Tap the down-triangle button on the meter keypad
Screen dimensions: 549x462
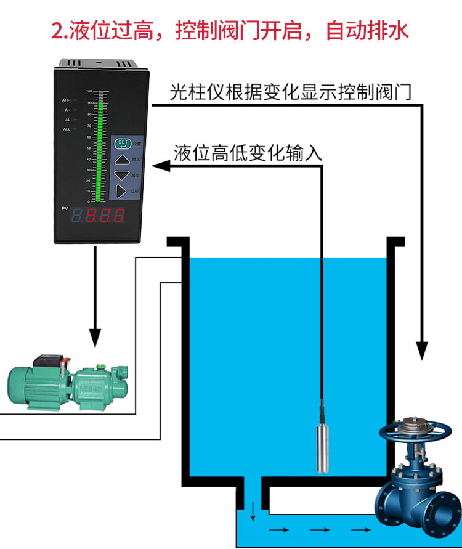[122, 176]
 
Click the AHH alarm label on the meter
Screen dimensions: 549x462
[67, 100]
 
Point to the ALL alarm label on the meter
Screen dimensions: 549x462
[67, 129]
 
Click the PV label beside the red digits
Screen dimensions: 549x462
[65, 209]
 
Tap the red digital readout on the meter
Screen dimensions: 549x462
[99, 216]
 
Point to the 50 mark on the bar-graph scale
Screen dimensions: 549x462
[89, 146]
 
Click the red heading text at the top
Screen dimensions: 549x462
[231, 30]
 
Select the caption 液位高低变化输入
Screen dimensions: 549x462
[248, 153]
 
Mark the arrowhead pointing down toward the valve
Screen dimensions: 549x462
[422, 351]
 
